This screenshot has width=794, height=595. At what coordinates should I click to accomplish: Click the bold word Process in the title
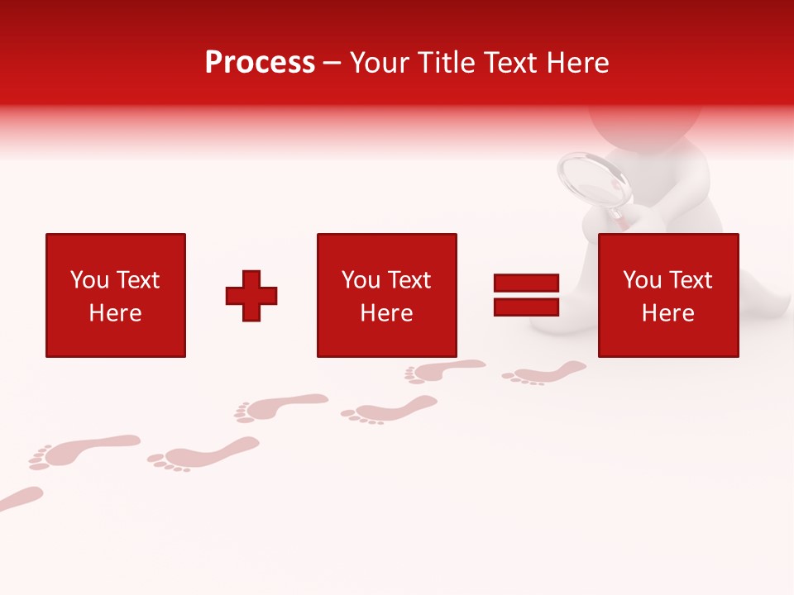[260, 63]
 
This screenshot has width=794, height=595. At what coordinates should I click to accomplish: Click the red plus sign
[251, 296]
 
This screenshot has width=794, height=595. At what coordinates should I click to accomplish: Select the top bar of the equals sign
[526, 283]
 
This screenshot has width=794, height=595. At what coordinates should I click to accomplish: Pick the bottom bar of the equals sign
[526, 307]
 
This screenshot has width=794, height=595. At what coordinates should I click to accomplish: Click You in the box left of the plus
[89, 280]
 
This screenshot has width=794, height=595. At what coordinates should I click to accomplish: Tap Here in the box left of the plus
[115, 313]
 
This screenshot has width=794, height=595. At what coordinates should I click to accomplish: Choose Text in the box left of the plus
[136, 280]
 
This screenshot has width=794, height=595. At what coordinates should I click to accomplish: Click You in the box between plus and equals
[361, 280]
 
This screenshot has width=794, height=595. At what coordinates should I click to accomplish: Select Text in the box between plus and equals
[408, 280]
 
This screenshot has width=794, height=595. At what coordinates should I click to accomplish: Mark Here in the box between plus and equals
[386, 313]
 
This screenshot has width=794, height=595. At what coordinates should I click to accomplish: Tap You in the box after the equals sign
[642, 280]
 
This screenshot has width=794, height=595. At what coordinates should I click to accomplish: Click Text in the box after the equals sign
[689, 280]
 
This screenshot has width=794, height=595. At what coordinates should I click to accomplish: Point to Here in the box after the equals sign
[667, 313]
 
